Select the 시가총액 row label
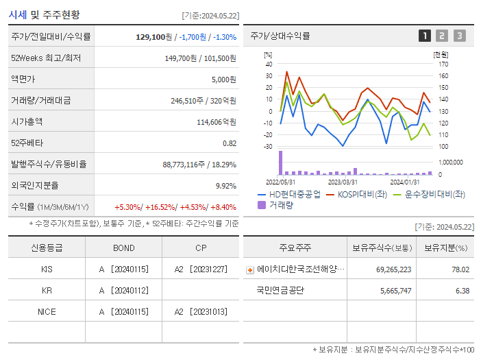[x=27, y=121]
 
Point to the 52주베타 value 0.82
[x=230, y=143]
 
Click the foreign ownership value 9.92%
[x=225, y=185]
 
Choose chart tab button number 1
[x=425, y=36]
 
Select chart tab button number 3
[x=459, y=36]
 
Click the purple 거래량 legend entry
[x=281, y=204]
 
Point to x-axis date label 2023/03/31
[x=343, y=182]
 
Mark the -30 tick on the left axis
[x=268, y=146]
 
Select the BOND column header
[x=123, y=248]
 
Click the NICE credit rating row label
[x=47, y=311]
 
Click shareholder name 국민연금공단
[x=280, y=291]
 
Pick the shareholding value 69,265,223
[x=393, y=269]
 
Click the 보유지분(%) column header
[x=445, y=248]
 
